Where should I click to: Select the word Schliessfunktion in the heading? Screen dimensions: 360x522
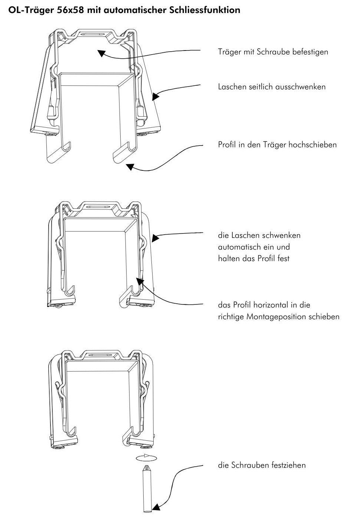coord(205,10)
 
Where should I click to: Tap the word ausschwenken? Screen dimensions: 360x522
coord(300,87)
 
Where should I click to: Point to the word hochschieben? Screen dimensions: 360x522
coord(312,144)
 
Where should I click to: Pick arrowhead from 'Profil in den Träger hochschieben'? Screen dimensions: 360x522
coord(130,167)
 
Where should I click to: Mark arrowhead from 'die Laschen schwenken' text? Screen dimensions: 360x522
coord(156,238)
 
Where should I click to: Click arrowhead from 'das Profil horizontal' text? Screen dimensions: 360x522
coord(140,281)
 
